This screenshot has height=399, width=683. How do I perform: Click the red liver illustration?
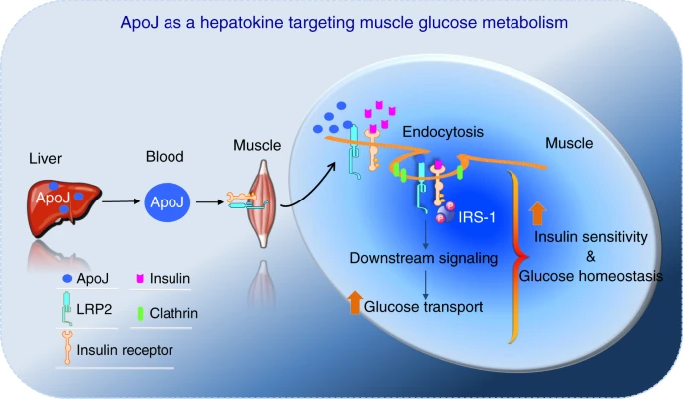pos(65,204)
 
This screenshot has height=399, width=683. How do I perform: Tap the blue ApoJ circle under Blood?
pos(163,202)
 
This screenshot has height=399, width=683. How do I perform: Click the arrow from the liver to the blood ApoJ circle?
pos(120,202)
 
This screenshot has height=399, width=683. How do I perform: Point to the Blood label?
pos(163,157)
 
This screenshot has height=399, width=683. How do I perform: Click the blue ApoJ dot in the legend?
pos(66,281)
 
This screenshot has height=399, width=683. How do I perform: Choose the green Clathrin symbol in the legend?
pos(141,313)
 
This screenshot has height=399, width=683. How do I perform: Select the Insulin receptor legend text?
pos(125,349)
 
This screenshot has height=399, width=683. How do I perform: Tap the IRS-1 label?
pos(478,217)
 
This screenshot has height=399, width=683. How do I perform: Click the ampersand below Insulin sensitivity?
pos(591,256)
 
